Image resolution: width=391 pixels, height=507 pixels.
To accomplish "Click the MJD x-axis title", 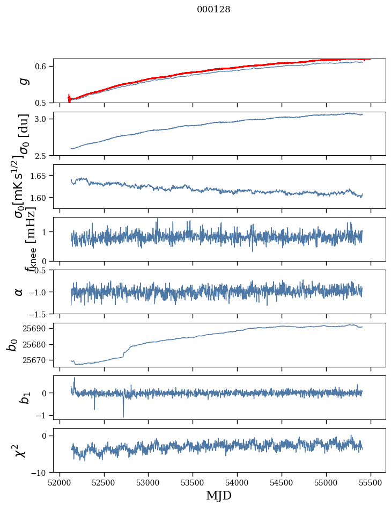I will pyautogui.click(x=219, y=495).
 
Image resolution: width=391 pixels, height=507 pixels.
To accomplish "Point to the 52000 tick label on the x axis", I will pyautogui.click(x=60, y=482).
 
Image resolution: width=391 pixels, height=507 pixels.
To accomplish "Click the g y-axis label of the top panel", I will pyautogui.click(x=23, y=81).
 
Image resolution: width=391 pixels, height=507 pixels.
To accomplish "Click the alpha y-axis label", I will pyautogui.click(x=19, y=292).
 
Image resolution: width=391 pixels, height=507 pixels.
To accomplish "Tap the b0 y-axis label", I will pyautogui.click(x=12, y=344).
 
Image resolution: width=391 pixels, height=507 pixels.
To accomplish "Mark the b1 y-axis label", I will pyautogui.click(x=23, y=397).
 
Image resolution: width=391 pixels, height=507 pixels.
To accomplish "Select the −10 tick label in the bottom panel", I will pyautogui.click(x=39, y=473).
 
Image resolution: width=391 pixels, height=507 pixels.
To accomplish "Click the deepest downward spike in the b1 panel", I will pyautogui.click(x=123, y=417).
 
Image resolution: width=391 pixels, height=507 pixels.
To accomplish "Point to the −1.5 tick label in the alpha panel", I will pyautogui.click(x=39, y=314).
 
